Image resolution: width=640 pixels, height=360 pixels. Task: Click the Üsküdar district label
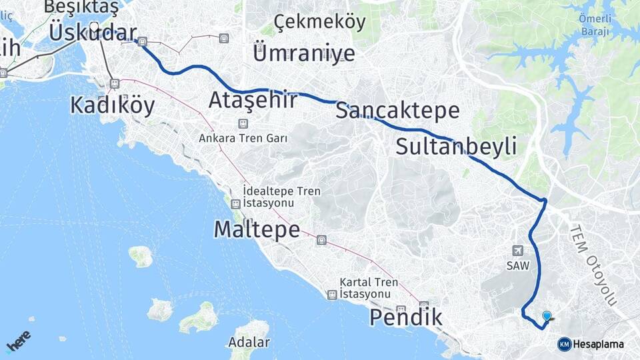(93, 33)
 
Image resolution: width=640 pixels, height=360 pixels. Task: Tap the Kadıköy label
(112, 105)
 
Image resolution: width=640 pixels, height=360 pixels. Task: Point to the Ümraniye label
(303, 51)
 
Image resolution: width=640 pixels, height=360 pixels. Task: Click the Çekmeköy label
(319, 22)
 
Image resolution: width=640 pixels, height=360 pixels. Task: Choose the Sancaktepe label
(397, 111)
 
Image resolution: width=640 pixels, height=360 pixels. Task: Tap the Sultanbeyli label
(456, 147)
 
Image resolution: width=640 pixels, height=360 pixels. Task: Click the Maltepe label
(257, 229)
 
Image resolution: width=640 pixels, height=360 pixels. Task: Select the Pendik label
(405, 318)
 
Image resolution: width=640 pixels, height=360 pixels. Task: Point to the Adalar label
(249, 343)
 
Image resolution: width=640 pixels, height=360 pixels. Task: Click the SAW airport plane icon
(517, 251)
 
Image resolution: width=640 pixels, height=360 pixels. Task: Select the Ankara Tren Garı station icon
(243, 123)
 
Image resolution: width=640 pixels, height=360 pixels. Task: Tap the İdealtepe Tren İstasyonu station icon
(235, 204)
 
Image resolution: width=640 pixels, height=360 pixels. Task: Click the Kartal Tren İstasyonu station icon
(332, 294)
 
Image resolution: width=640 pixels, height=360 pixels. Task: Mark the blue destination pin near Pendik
(547, 317)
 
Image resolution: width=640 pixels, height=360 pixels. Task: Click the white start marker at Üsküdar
(94, 29)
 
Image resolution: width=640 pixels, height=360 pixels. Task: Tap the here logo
(18, 341)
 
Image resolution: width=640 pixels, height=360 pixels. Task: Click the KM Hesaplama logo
(591, 344)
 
